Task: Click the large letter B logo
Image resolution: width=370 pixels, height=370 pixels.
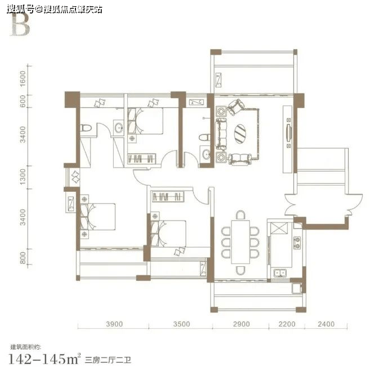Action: pos(20,25)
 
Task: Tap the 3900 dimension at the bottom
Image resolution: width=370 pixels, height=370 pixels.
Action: pos(114,324)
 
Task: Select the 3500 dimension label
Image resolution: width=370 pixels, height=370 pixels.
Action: pos(181,324)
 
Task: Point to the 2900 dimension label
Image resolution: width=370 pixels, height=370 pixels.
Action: pos(241,324)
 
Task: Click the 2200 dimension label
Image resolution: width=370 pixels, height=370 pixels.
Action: pos(287,324)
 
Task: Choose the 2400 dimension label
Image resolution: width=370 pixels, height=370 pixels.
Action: pos(326,324)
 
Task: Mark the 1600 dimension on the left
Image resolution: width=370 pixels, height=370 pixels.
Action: pos(23,78)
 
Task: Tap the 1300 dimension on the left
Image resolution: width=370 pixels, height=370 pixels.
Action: pos(23,177)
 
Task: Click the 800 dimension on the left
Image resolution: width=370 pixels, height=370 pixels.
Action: pos(23,258)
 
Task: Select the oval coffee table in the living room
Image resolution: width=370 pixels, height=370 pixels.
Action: pos(240,134)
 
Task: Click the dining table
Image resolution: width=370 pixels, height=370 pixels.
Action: pos(240,242)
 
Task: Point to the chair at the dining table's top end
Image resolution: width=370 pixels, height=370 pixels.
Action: pos(240,215)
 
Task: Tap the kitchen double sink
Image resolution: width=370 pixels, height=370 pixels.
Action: pos(280,273)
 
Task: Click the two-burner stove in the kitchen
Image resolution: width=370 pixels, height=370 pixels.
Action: pos(297,243)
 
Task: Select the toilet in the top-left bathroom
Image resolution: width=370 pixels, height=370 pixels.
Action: pos(86,128)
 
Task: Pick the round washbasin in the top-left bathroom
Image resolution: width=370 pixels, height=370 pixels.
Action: pos(118,128)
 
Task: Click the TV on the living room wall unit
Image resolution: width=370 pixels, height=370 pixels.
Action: pos(288,133)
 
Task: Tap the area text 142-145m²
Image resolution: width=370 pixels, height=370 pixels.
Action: pos(44,359)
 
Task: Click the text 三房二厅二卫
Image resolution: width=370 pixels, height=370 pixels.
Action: pos(108,360)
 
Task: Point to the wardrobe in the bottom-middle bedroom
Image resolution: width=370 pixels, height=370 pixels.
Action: pos(167,196)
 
